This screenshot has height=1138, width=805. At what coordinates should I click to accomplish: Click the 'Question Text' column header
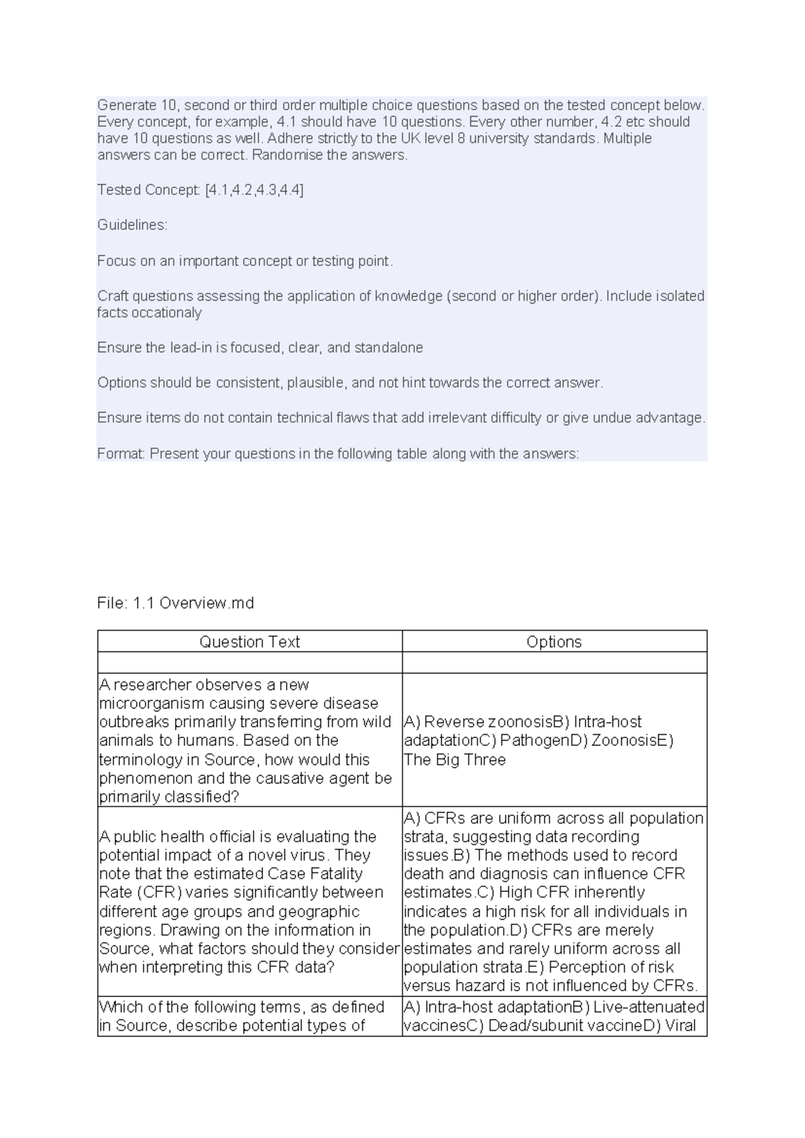click(250, 641)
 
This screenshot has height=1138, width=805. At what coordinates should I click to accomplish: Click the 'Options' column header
click(554, 641)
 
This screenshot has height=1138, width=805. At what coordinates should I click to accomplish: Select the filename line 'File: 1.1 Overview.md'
click(176, 603)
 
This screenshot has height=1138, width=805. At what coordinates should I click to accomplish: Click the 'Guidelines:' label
click(132, 225)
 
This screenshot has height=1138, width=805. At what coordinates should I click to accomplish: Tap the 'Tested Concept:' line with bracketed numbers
click(200, 190)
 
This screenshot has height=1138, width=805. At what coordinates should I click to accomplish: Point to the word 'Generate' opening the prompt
click(127, 105)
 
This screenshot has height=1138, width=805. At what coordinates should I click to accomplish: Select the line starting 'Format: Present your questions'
click(337, 454)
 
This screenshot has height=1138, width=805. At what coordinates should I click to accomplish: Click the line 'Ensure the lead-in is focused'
click(260, 348)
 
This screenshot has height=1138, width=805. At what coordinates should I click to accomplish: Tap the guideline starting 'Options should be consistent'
click(350, 382)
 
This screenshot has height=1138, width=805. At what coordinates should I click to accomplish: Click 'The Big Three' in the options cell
click(455, 760)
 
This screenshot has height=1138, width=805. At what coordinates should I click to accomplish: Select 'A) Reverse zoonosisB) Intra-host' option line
click(523, 722)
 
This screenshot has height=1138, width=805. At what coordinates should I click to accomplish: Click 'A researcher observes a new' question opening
click(204, 684)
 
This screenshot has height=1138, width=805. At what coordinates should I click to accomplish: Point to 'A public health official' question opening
click(237, 837)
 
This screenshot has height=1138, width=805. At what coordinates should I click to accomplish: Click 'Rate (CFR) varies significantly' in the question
click(241, 892)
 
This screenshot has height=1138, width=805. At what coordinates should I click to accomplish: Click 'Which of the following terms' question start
click(241, 1006)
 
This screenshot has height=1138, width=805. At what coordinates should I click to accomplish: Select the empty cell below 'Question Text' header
click(250, 662)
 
